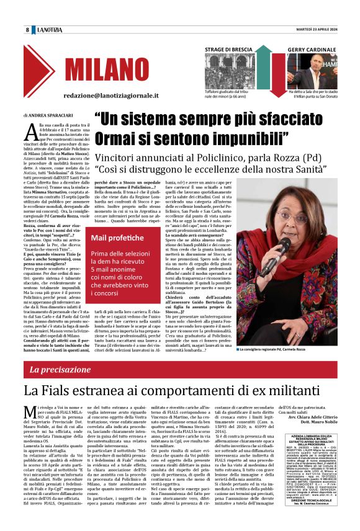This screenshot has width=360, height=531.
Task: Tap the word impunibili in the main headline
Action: point(248,136)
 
